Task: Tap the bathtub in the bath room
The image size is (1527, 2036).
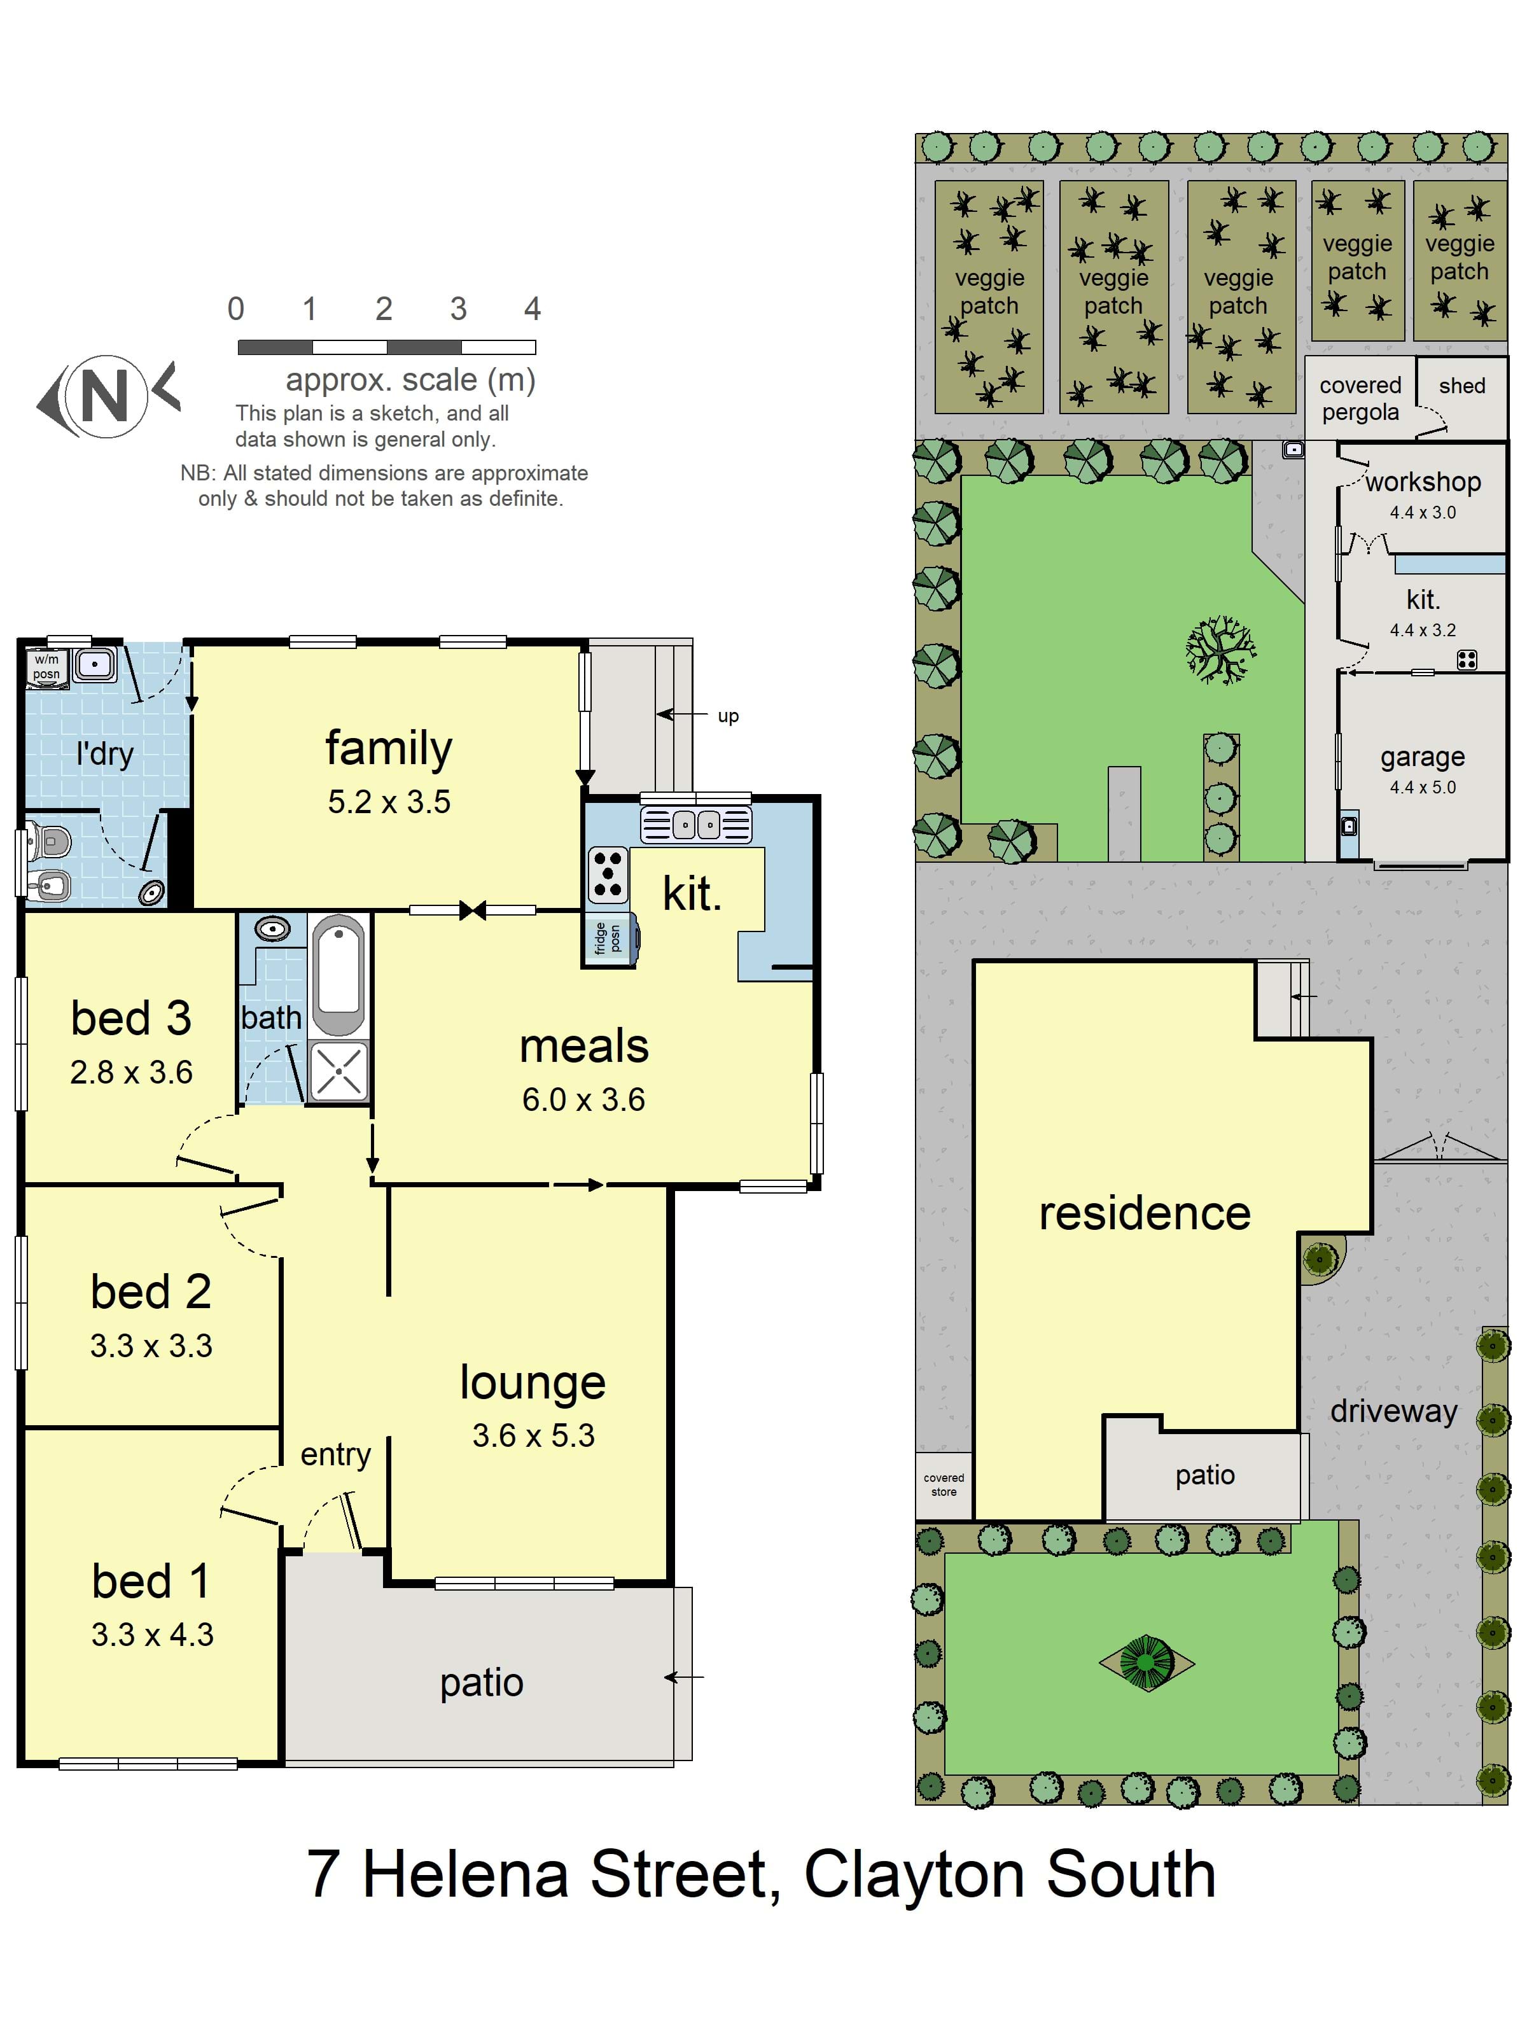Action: (338, 975)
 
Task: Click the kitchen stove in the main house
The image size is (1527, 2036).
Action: (608, 874)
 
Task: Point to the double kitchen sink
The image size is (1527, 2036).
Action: (697, 824)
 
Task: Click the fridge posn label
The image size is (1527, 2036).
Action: (608, 938)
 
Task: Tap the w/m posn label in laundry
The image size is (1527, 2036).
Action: (46, 666)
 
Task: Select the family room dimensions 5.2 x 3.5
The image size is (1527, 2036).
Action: (389, 802)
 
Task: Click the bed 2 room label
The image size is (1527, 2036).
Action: (151, 1292)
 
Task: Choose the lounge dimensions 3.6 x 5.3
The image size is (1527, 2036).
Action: (534, 1435)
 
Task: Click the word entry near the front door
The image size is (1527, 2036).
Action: (336, 1454)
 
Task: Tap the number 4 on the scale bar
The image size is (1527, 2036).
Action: (532, 309)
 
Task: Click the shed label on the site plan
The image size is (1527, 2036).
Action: (1461, 386)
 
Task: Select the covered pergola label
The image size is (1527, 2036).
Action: (1360, 398)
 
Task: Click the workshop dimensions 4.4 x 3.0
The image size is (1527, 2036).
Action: (1423, 513)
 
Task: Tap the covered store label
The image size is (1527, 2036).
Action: (944, 1484)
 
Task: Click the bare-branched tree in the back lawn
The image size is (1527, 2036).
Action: (1220, 650)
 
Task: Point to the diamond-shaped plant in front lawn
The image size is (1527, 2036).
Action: (1147, 1663)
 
